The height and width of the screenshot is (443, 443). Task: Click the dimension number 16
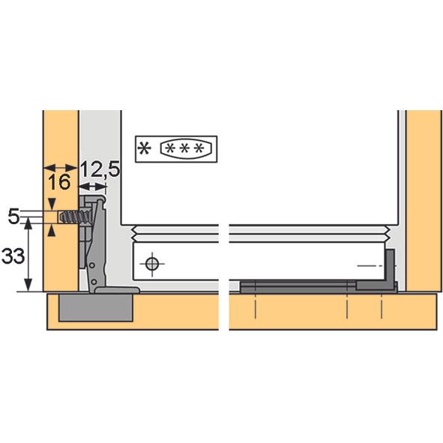[x=59, y=182]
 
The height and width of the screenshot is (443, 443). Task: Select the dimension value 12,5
[x=100, y=169]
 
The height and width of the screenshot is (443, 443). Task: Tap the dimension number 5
[x=13, y=217]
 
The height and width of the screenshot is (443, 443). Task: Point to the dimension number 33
[x=13, y=256]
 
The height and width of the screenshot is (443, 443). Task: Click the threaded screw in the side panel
[x=74, y=217]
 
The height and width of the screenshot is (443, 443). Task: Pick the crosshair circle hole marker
[x=152, y=265]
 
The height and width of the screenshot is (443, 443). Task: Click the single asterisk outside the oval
[x=144, y=148]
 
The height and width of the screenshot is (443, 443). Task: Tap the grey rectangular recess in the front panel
[x=96, y=307]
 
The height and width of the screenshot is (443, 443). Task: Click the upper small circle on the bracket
[x=92, y=265]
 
